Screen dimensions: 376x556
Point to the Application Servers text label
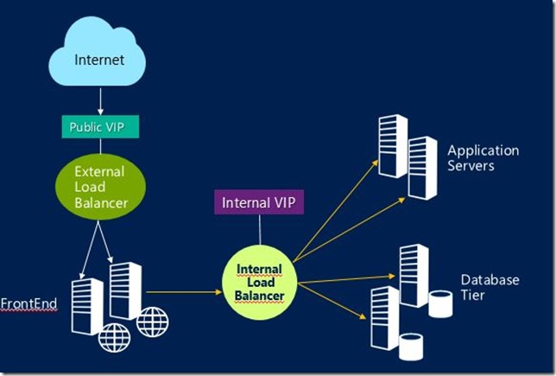click(483, 157)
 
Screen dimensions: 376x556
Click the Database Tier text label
click(489, 288)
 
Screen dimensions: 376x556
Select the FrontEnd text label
click(28, 305)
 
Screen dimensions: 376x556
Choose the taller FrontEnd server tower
click(126, 291)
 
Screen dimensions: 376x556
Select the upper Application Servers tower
click(392, 146)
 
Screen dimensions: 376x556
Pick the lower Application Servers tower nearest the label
click(423, 168)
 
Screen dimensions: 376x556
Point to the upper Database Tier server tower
click(414, 276)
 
